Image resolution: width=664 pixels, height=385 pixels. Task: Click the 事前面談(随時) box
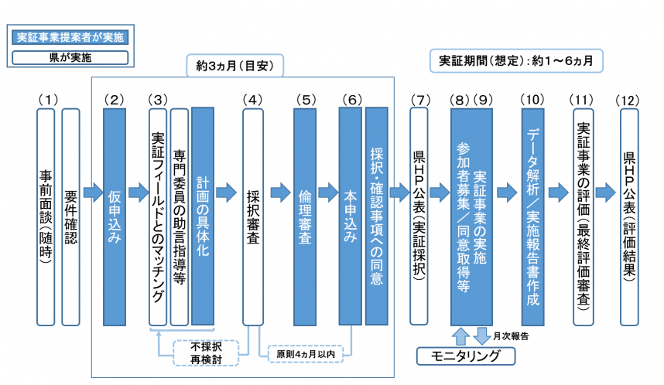pyautogui.click(x=46, y=216)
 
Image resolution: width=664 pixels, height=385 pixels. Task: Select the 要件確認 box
pyautogui.click(x=70, y=216)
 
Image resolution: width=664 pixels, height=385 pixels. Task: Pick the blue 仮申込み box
pyautogui.click(x=115, y=216)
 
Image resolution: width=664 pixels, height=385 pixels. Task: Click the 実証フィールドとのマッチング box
pyautogui.click(x=158, y=216)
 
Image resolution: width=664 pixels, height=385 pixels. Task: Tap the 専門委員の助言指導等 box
pyautogui.click(x=180, y=216)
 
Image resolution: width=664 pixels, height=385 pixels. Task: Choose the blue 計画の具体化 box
pyautogui.click(x=202, y=216)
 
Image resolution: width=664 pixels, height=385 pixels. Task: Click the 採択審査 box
pyautogui.click(x=252, y=216)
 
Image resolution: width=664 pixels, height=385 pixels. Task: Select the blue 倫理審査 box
pyautogui.click(x=305, y=216)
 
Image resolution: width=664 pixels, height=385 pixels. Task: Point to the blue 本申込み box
pyautogui.click(x=350, y=216)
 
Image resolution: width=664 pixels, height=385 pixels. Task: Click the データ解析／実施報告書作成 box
pyautogui.click(x=532, y=216)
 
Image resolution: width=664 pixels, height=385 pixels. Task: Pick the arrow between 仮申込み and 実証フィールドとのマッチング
pyautogui.click(x=137, y=191)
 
